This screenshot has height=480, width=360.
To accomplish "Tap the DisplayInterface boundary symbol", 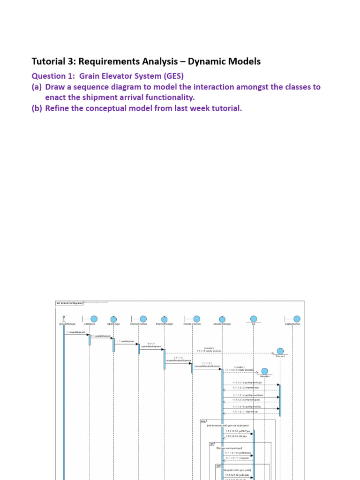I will tap(292, 319).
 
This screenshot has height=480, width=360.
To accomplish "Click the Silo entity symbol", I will tap(254, 319).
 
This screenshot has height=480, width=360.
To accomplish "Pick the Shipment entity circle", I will tap(280, 351).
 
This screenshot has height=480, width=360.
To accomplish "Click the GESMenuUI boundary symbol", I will tap(90, 319).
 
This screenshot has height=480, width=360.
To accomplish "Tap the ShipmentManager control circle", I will tap(165, 319).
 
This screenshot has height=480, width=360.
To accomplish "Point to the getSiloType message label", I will tap(238, 431).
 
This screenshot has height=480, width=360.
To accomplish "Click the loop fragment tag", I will tap(203, 421).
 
